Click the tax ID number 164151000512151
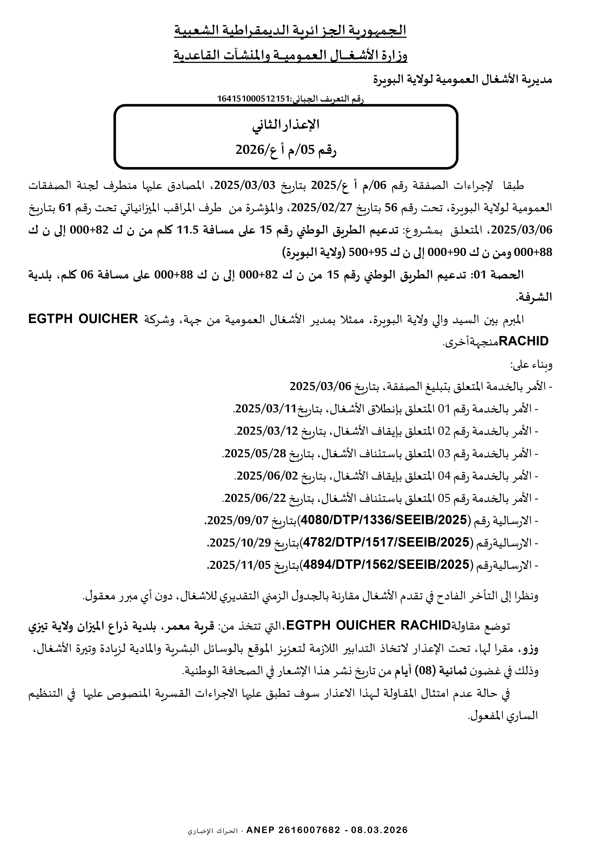pyautogui.click(x=254, y=99)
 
